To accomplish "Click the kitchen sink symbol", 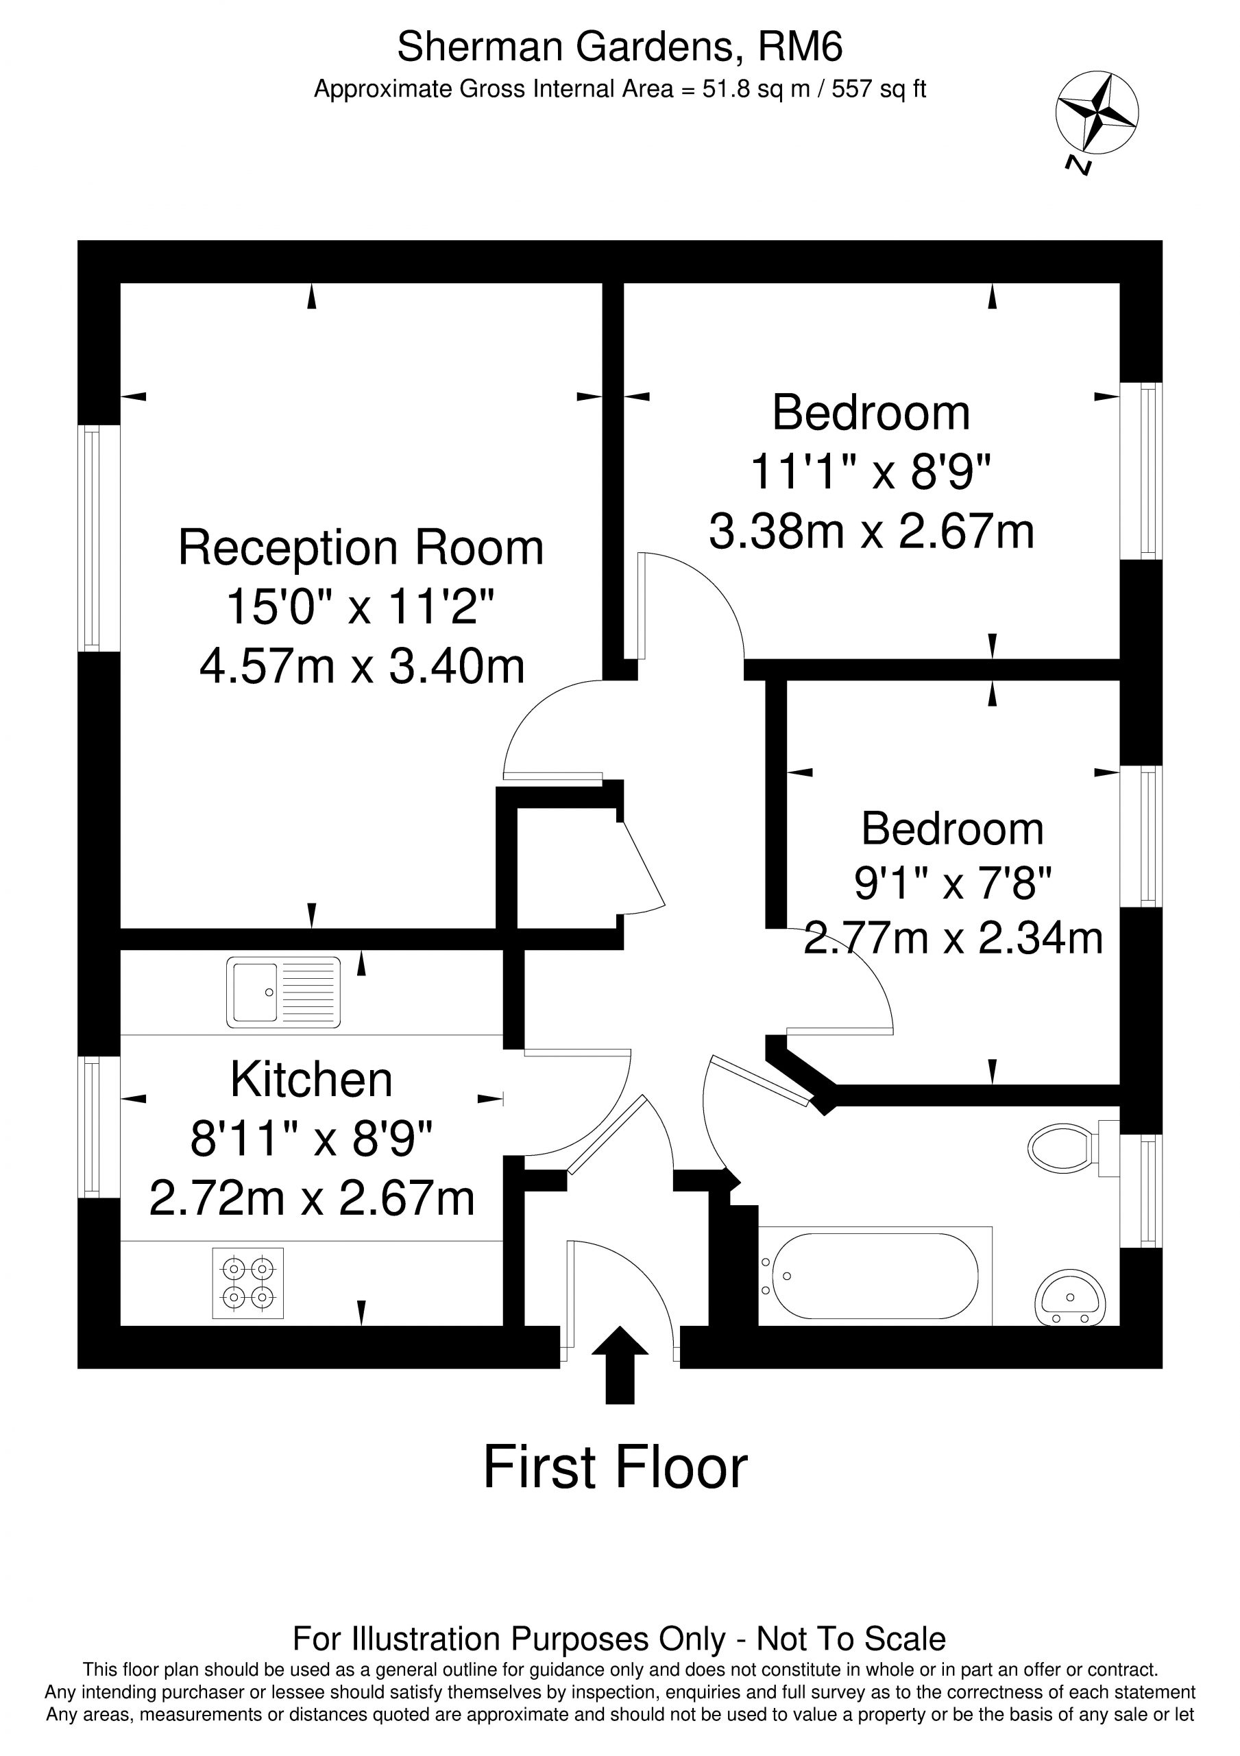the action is pos(284,992).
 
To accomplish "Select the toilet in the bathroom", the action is pos(1073,1149).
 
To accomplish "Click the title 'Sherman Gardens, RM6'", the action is pos(620,47).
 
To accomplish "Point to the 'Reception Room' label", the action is pos(361,547).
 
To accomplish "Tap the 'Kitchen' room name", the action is pos(311,1079).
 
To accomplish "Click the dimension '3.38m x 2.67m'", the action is pos(871,532).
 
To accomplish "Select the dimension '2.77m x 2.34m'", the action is pos(953,938).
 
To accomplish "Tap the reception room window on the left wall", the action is pos(99,538).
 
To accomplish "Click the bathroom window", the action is pos(1141,1191).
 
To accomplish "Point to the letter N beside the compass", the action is pos(1079,165).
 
